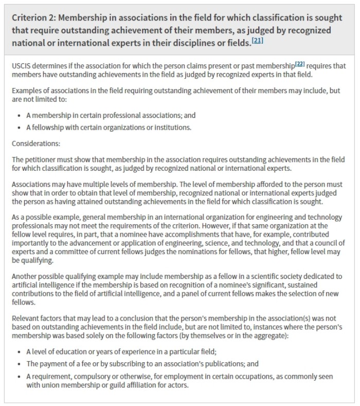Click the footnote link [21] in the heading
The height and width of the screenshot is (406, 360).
258,40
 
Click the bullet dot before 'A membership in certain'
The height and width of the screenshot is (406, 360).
20,116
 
